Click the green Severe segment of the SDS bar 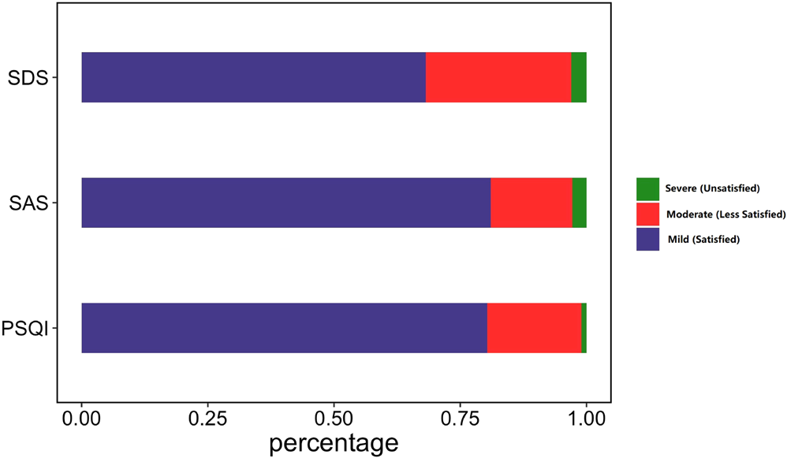(579, 77)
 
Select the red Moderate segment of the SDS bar (498, 77)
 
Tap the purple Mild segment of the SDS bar (253, 77)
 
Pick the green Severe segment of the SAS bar (580, 203)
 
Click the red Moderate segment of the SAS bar (532, 203)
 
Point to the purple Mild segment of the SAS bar (285, 203)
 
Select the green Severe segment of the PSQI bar (584, 328)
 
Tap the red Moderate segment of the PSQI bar (534, 328)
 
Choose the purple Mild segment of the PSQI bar (284, 328)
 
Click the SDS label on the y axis (28, 78)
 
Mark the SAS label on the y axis (28, 203)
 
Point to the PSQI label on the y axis (24, 329)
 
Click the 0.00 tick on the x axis (81, 417)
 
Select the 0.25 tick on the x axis (207, 417)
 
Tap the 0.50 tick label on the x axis (334, 417)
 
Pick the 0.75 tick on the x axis (460, 417)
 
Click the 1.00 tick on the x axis (586, 417)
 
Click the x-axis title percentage (334, 443)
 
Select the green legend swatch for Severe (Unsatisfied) (647, 188)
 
